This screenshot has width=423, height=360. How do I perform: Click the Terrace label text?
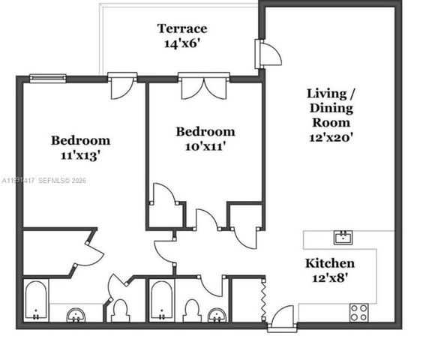[181, 28]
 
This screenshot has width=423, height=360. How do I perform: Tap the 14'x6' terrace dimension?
[181, 43]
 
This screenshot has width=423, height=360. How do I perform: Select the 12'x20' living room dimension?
[330, 137]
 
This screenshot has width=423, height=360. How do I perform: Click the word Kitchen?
[329, 263]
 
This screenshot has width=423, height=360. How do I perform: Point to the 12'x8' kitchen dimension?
[329, 278]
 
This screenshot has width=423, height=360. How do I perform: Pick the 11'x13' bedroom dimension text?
[80, 156]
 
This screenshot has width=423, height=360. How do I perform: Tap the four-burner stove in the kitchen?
[359, 312]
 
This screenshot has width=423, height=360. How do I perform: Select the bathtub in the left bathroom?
[35, 301]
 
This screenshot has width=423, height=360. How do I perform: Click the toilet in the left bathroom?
[120, 310]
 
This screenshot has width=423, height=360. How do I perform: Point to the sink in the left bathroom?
[76, 315]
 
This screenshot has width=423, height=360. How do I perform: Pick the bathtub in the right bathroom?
[161, 301]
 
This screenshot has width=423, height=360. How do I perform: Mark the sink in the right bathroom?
[217, 314]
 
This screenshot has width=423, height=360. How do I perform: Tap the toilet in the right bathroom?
[192, 310]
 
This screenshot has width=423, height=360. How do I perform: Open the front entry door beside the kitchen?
[281, 319]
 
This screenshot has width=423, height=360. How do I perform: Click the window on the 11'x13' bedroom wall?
[47, 77]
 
